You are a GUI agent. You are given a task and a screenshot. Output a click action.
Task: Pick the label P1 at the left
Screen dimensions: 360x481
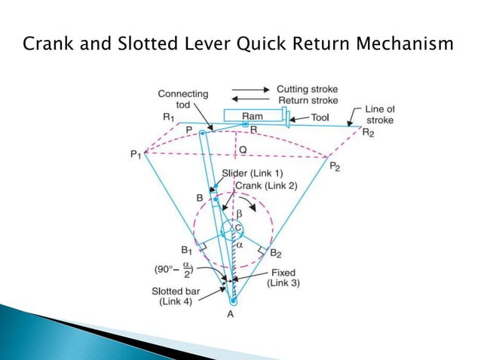(x=135, y=155)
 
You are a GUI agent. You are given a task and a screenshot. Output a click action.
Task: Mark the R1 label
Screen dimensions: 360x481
(x=168, y=117)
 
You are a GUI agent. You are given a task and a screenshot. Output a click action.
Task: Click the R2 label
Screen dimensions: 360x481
(x=369, y=133)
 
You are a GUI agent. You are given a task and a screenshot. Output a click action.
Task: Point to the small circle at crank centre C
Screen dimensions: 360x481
(x=234, y=229)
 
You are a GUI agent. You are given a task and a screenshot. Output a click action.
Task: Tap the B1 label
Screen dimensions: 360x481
(x=188, y=249)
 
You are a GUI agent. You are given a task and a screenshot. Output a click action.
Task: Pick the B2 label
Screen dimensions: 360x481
(x=276, y=253)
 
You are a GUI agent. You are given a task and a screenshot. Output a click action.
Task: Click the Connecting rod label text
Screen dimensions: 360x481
(x=182, y=99)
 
